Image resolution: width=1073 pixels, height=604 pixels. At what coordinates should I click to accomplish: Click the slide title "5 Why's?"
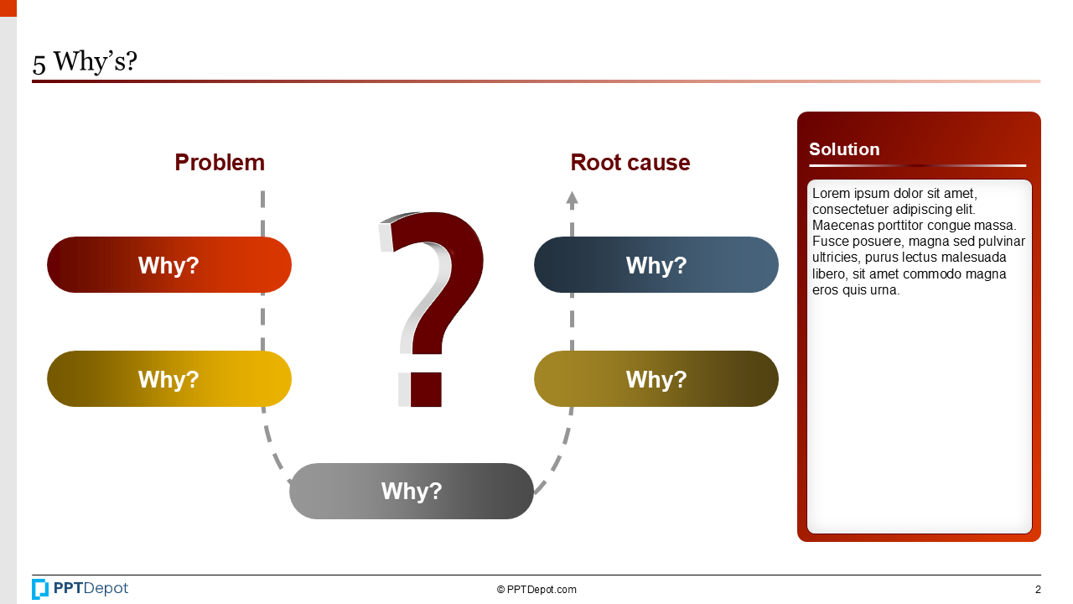coord(85,62)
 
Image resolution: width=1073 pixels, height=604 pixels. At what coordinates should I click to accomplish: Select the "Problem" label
coord(220,163)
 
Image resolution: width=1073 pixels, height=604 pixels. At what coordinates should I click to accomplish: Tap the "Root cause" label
coord(630,163)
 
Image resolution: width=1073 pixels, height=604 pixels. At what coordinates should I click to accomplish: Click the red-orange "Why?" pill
coord(168,265)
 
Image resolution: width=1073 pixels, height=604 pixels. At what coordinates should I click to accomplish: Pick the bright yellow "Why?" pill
coord(168,379)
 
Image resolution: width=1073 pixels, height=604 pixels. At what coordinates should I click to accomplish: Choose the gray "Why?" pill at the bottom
coord(411,491)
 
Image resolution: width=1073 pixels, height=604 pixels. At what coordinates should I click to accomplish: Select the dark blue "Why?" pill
coord(656,265)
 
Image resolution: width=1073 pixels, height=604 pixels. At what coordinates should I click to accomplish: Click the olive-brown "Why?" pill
coord(656,379)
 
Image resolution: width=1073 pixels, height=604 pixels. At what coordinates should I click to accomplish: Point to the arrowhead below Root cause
coord(572,200)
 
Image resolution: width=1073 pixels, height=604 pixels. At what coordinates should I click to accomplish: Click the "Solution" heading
coord(844,149)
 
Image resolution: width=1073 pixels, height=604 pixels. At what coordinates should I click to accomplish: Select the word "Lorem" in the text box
coord(830,194)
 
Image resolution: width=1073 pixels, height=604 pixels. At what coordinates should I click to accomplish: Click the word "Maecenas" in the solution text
coord(842,226)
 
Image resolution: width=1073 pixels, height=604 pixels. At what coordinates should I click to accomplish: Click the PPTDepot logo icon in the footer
coord(40,589)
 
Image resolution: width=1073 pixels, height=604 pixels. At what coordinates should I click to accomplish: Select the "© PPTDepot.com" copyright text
coord(536,590)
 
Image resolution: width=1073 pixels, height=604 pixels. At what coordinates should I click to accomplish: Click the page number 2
coord(1038,590)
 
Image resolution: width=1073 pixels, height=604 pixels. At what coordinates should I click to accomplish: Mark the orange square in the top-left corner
coord(8,8)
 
